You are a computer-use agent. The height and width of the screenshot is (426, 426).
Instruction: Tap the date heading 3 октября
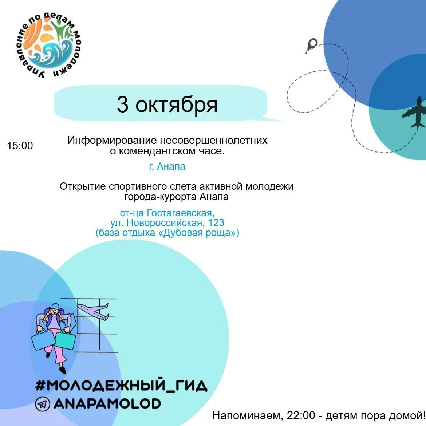[167, 104]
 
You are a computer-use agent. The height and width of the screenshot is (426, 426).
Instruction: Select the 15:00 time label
[20, 146]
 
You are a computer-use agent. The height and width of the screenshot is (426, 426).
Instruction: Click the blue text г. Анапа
[167, 166]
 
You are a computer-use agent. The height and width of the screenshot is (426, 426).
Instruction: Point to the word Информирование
[112, 141]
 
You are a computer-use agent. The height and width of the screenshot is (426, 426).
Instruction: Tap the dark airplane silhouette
[414, 113]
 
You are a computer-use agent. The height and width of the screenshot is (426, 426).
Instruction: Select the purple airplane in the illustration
[93, 311]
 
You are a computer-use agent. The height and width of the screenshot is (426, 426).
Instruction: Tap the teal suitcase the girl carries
[65, 340]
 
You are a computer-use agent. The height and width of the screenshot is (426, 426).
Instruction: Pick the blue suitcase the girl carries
[43, 340]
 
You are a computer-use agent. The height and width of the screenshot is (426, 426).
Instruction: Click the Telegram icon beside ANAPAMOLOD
[42, 404]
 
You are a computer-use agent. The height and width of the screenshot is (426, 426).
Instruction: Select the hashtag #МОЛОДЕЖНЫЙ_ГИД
[121, 385]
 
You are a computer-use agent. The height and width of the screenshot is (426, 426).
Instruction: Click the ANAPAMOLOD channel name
[107, 404]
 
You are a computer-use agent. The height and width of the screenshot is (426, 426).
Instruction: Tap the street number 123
[216, 223]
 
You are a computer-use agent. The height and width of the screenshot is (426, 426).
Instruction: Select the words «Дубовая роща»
[197, 233]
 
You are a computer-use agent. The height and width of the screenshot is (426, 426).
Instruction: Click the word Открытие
[83, 187]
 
